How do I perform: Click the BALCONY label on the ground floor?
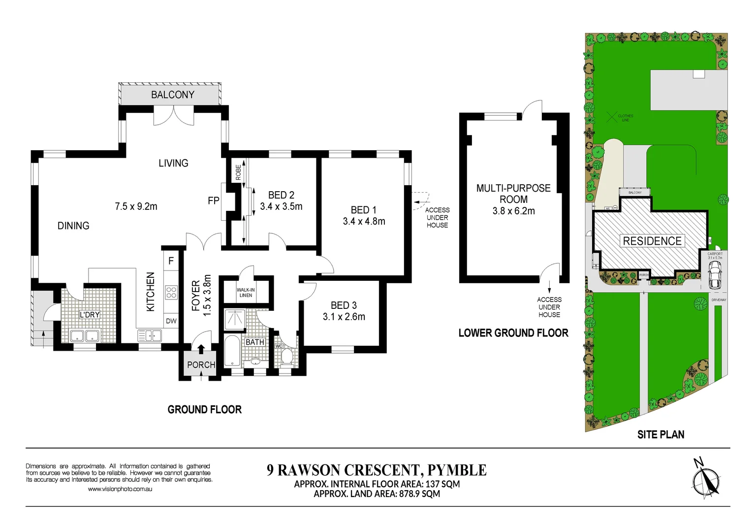(172, 95)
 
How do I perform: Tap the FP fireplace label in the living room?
(213, 200)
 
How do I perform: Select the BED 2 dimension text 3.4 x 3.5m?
(281, 206)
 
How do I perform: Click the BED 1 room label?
(363, 210)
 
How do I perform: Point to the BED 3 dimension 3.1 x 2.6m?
(344, 317)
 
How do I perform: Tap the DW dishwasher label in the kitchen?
(171, 321)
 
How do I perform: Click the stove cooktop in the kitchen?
(171, 293)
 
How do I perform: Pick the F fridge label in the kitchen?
(171, 261)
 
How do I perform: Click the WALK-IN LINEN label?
(246, 293)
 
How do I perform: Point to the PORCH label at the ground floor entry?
(201, 365)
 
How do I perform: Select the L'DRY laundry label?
(90, 315)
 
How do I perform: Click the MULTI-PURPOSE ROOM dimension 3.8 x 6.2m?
(513, 211)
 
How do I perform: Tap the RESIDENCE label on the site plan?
(652, 241)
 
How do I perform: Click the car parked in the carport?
(714, 275)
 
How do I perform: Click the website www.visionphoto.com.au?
(120, 489)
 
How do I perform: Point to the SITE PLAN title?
(661, 434)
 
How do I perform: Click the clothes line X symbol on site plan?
(611, 117)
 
